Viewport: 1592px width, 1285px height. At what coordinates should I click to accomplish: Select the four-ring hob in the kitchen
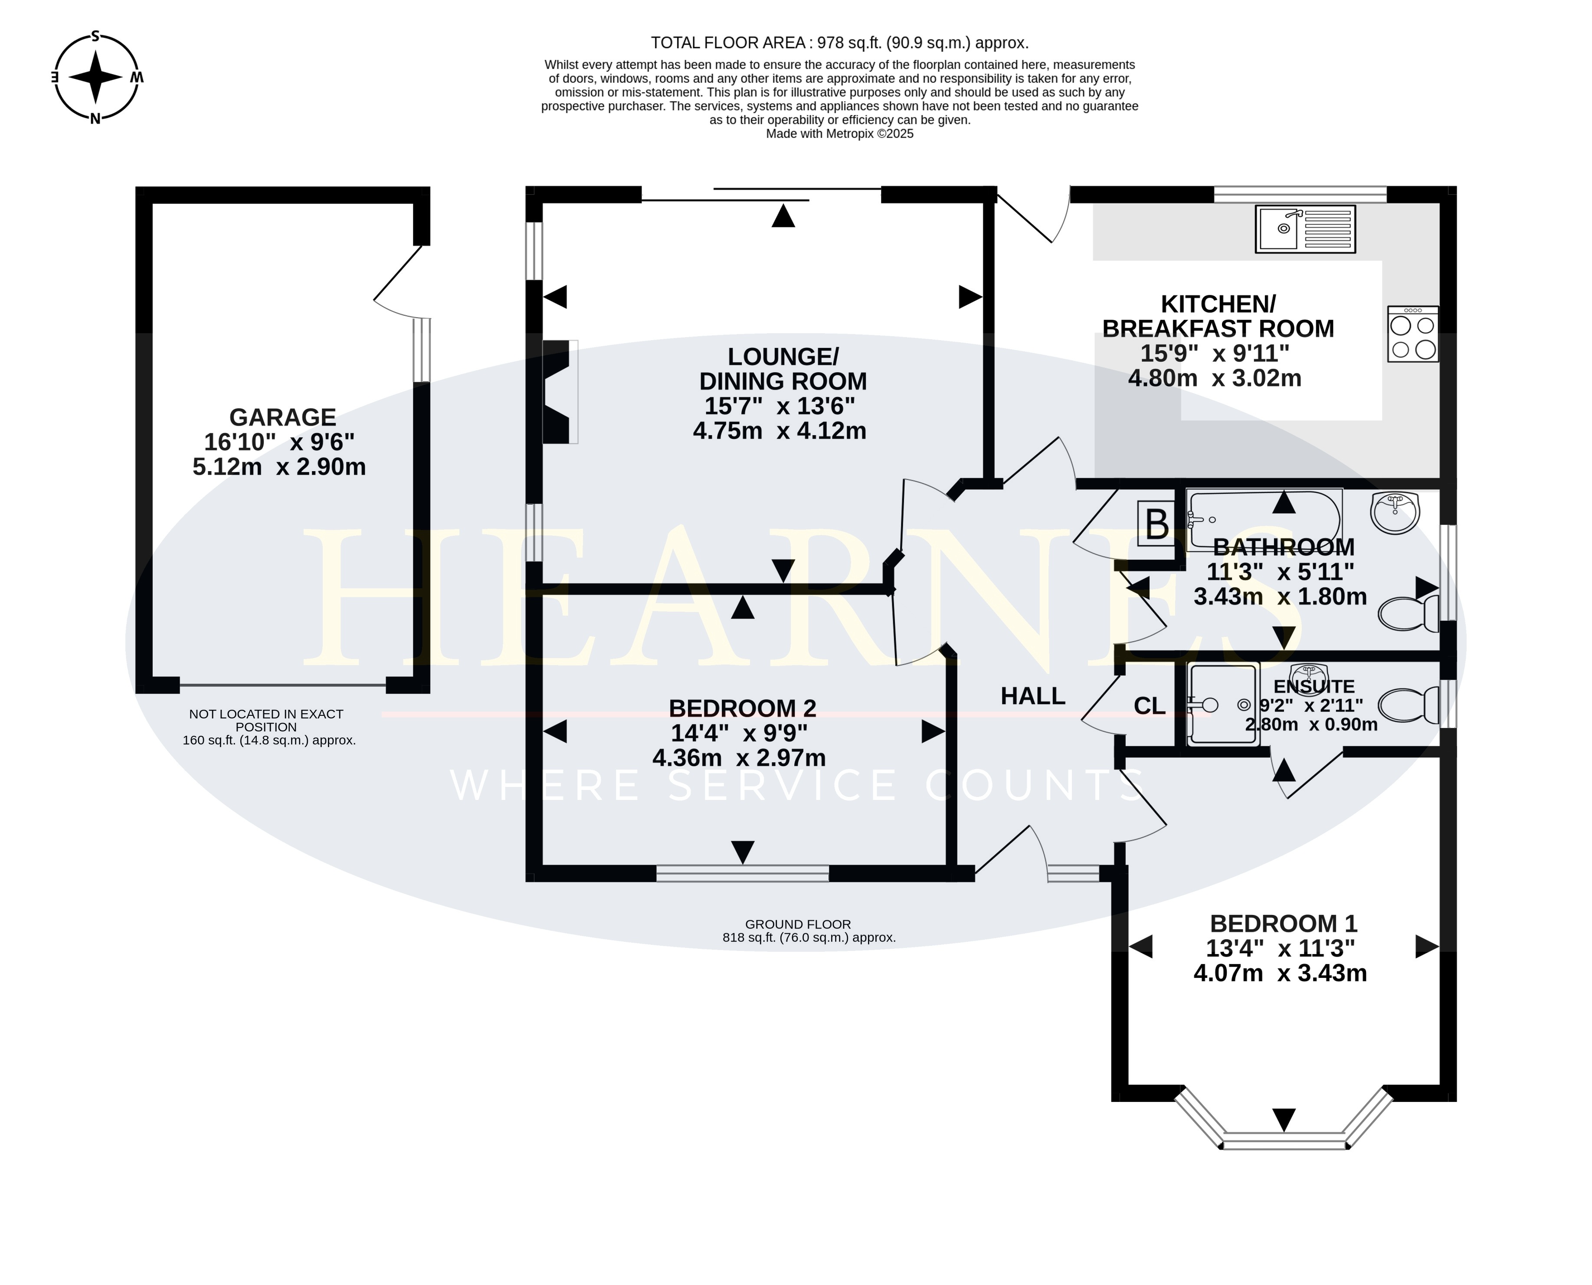[1413, 334]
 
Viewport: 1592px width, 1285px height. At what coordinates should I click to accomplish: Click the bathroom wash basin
[1395, 512]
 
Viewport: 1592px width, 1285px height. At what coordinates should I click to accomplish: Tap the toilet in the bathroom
[1409, 613]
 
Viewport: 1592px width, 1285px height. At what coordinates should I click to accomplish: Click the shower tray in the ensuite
[1222, 704]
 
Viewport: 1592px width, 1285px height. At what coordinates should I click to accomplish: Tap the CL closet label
[1150, 706]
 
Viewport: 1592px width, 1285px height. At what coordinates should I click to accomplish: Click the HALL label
[1032, 696]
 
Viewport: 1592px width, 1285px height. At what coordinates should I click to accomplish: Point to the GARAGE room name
[283, 417]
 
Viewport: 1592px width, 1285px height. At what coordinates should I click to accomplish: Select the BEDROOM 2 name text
[742, 708]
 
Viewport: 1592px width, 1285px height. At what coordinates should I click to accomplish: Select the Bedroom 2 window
[742, 873]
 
